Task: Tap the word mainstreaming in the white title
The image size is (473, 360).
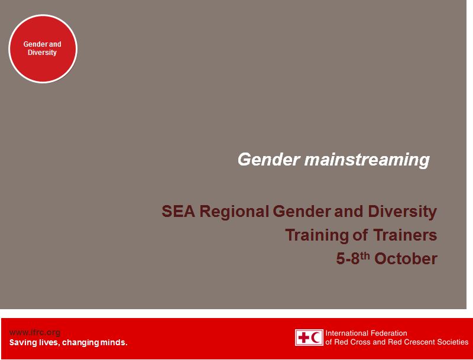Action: [367, 160]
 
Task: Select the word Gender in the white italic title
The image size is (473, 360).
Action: [268, 160]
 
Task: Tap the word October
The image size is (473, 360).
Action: [406, 259]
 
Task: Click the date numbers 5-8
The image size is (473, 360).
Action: [348, 259]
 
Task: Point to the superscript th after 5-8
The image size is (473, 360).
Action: [365, 255]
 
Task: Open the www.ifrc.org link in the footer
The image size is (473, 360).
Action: [34, 332]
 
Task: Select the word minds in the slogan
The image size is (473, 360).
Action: [114, 342]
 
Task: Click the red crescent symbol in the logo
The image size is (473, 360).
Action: [316, 338]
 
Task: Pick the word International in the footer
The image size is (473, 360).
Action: [349, 333]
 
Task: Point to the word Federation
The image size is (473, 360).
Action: [391, 333]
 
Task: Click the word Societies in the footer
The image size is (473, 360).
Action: [451, 342]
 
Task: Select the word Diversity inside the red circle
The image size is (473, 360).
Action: [43, 53]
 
